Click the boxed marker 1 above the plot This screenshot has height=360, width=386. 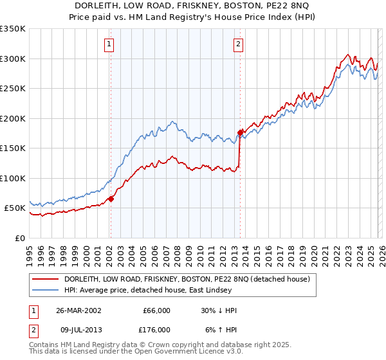click(x=109, y=44)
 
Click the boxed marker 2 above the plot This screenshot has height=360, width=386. click(x=238, y=44)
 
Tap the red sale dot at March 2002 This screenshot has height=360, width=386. click(x=111, y=199)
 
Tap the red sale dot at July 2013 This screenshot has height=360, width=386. click(x=240, y=133)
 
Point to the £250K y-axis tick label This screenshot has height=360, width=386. click(x=13, y=89)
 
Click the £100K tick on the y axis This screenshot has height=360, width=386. click(x=13, y=179)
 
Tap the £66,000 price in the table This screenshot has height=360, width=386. click(x=156, y=310)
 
